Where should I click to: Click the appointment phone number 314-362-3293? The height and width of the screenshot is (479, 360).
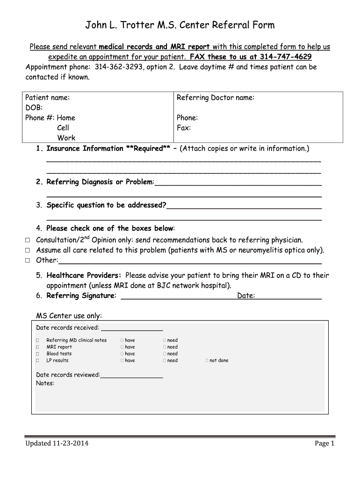(117, 67)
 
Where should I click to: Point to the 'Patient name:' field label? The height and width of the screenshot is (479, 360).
(47, 97)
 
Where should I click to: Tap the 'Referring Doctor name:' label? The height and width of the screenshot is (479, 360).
(216, 97)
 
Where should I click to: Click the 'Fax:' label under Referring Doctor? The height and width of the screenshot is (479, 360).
(184, 128)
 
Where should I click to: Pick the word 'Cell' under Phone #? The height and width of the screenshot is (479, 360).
(63, 128)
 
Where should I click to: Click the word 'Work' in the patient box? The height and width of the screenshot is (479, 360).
(66, 138)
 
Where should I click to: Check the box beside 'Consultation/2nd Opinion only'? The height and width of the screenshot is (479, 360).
(27, 240)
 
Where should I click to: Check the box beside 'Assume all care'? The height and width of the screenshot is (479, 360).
(27, 250)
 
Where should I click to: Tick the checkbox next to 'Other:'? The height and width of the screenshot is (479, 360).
(27, 261)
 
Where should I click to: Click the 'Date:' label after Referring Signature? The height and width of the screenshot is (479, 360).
(246, 296)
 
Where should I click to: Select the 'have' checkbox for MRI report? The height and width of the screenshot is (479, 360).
(122, 347)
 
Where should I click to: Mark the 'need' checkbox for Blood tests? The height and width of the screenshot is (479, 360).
(165, 354)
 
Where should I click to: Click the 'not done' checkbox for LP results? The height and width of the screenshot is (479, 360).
(207, 361)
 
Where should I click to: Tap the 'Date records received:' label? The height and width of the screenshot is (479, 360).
(67, 327)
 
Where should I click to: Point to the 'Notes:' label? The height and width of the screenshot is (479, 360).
(45, 383)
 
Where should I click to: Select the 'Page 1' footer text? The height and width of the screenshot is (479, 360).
(324, 443)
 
